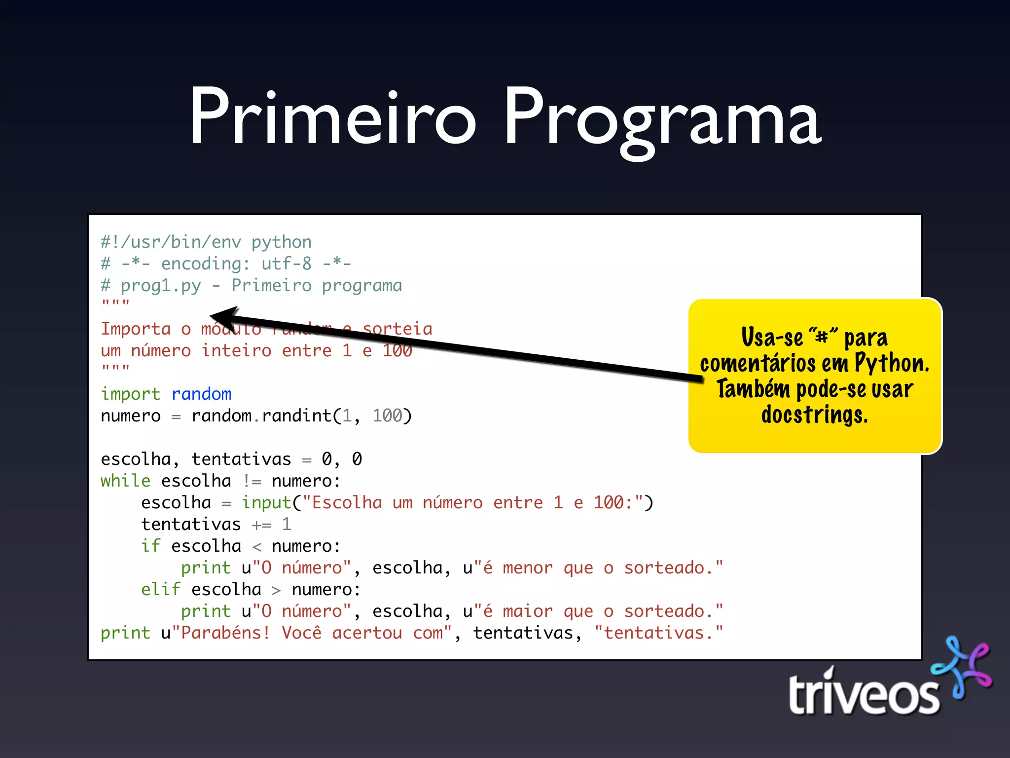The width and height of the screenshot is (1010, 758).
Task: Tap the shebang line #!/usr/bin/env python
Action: (x=206, y=242)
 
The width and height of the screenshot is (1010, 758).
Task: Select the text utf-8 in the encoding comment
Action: (x=286, y=264)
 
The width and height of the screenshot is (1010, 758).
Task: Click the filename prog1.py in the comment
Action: (x=161, y=286)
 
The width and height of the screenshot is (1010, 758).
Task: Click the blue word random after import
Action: (x=201, y=394)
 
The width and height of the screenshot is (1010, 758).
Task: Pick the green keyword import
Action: (x=131, y=394)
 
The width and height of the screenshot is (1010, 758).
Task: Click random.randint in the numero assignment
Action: (x=261, y=416)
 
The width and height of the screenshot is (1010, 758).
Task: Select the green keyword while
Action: (x=125, y=481)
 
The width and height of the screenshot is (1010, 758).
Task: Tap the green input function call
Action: (x=266, y=502)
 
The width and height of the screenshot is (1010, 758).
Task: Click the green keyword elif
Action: (x=161, y=589)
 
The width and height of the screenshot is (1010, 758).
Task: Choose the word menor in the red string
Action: (x=527, y=568)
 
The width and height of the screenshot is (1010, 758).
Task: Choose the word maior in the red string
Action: (x=527, y=611)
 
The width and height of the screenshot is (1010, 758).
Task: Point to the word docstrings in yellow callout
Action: (x=814, y=415)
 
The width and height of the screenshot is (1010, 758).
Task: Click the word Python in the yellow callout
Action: (x=891, y=363)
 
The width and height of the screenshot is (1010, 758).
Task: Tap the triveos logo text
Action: (x=863, y=695)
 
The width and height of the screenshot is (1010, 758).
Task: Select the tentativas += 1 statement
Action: (x=216, y=524)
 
